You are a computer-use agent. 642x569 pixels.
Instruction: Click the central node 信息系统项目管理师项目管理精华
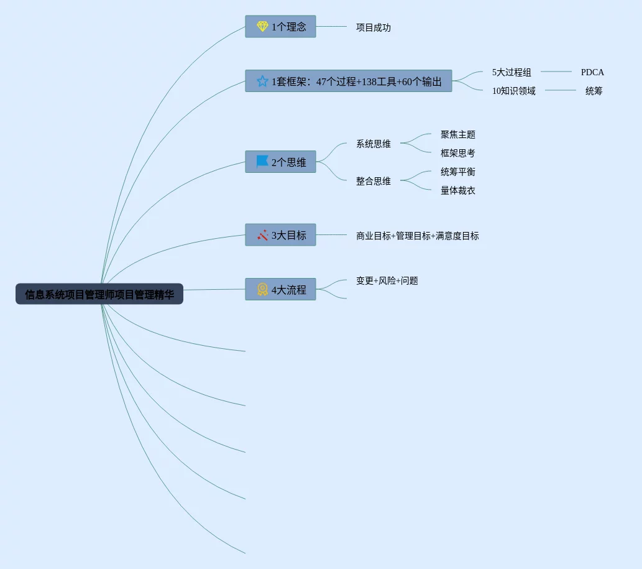(x=99, y=294)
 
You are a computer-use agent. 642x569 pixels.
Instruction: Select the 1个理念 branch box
(x=280, y=27)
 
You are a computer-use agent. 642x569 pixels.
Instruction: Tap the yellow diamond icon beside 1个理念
(x=262, y=27)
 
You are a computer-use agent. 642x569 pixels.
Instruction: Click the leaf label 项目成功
(x=374, y=27)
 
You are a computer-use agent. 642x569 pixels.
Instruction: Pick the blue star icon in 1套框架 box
(x=262, y=81)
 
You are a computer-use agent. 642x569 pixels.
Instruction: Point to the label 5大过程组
(x=511, y=72)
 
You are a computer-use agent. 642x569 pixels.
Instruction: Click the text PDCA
(x=592, y=72)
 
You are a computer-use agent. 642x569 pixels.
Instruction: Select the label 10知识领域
(x=514, y=91)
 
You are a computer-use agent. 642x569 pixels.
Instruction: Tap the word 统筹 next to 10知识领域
(x=594, y=91)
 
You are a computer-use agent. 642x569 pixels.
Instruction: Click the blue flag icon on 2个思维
(x=262, y=162)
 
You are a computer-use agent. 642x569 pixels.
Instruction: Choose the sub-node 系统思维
(x=374, y=144)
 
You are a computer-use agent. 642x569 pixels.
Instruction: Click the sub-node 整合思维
(x=374, y=181)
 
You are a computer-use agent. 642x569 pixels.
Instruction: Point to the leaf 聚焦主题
(x=458, y=134)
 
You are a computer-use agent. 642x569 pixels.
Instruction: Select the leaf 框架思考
(x=458, y=153)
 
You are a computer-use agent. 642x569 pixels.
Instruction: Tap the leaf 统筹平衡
(x=458, y=172)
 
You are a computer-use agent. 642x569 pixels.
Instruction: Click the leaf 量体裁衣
(x=458, y=190)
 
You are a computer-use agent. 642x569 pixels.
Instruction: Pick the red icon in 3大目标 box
(x=262, y=235)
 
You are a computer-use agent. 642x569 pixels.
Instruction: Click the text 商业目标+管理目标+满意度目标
(x=418, y=236)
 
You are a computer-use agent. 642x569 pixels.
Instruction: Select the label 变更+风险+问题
(x=387, y=280)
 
